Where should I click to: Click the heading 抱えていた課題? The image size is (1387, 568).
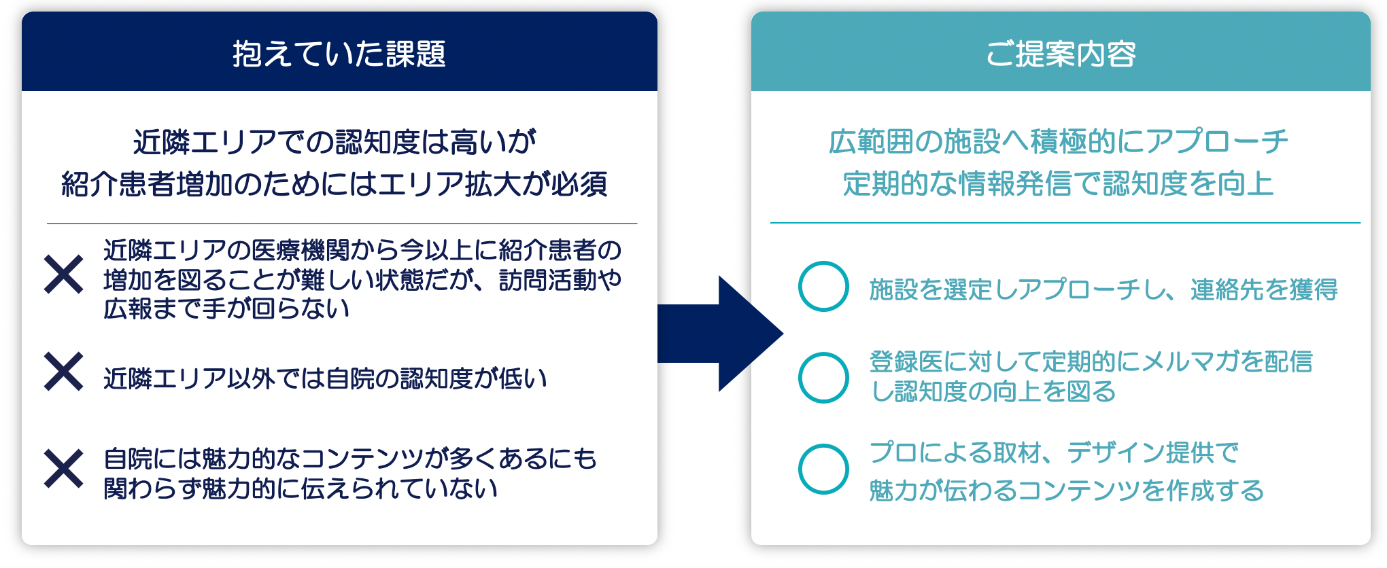coord(339,54)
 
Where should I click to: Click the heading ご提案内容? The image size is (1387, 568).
coord(1061,54)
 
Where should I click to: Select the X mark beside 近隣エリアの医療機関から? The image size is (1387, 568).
coord(63,274)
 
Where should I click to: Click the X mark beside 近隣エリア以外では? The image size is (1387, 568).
coord(63,372)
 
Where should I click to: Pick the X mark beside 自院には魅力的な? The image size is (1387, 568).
coord(63,469)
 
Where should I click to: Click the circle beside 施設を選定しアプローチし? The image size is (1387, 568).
coord(823,287)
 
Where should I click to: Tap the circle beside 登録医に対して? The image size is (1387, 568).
coord(823,377)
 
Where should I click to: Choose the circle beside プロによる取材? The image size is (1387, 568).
coord(823,469)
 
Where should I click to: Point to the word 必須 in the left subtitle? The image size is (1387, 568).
coord(579,184)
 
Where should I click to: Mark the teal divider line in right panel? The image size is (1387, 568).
coord(1065,222)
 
